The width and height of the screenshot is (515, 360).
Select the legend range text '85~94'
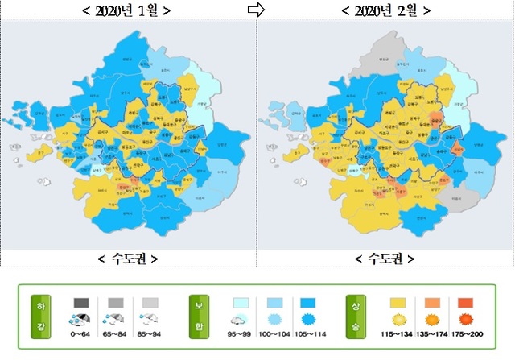pos(150,334)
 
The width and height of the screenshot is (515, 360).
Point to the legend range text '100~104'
pos(274,334)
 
